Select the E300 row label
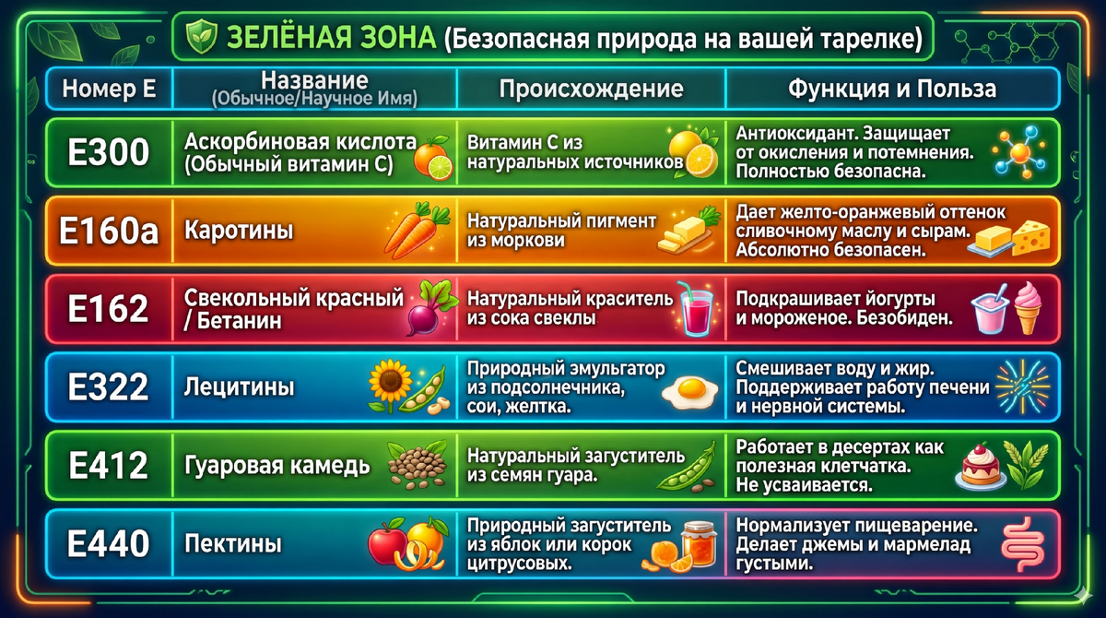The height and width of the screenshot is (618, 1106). (109, 152)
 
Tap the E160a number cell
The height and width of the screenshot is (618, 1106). (109, 232)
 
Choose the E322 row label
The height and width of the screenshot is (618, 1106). (109, 387)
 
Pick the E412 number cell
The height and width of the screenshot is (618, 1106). (109, 465)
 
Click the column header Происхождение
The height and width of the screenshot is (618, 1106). (591, 89)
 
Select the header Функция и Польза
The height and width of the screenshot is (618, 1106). (891, 89)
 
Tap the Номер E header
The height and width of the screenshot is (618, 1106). (109, 89)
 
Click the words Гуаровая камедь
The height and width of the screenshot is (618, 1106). (277, 465)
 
